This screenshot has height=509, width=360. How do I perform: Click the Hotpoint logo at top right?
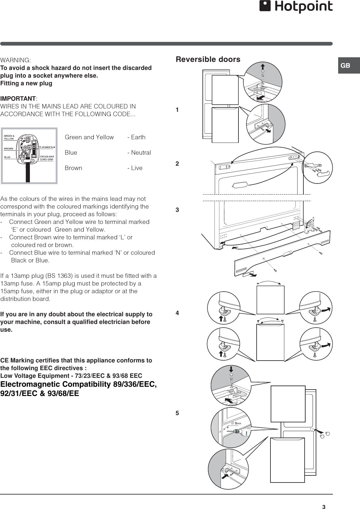coord(296,7)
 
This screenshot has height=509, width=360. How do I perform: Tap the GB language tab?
coord(346,66)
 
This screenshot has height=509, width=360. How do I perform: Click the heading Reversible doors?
coord(208,59)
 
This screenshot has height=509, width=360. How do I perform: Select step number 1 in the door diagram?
coord(177,110)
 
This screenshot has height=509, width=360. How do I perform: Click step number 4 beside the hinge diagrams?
coord(177,313)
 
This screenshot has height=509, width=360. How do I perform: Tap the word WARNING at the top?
coord(15,60)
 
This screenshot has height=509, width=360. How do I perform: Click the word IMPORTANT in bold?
coord(18,99)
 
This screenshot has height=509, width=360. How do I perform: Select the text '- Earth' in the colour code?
coord(136,137)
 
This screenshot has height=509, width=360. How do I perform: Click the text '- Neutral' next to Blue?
coord(139,153)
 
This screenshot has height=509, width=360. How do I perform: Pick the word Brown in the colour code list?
coord(73,168)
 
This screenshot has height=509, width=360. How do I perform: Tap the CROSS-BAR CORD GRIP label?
coord(47,158)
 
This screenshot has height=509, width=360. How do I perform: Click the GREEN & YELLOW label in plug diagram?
coord(9,137)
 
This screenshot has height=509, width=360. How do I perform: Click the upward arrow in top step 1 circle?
coord(263,67)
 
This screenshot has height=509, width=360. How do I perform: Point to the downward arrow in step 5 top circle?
coord(231,369)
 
